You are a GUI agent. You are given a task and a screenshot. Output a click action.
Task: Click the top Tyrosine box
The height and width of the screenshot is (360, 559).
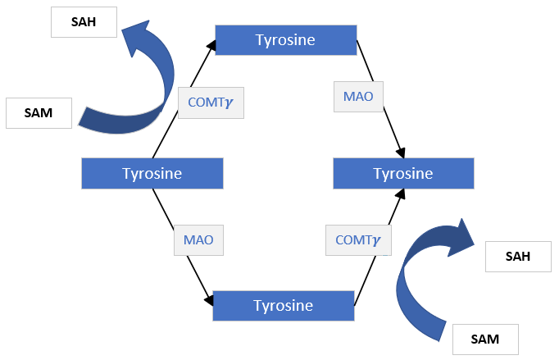(x=285, y=40)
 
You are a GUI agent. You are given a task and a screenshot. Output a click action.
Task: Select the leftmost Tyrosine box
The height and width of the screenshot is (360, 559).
(x=152, y=174)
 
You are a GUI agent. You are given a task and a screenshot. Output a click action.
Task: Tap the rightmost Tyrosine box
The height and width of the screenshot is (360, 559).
(x=402, y=174)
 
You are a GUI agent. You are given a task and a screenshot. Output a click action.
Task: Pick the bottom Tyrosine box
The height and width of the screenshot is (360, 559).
(x=283, y=306)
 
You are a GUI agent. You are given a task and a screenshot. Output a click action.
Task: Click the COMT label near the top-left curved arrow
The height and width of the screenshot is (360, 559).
(x=211, y=103)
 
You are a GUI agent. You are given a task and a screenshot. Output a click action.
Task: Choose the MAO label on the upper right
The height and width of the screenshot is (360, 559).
(x=358, y=96)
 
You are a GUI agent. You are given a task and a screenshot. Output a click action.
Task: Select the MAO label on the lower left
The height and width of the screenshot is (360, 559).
(x=198, y=241)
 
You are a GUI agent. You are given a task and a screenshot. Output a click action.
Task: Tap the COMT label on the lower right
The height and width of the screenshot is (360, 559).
(x=358, y=240)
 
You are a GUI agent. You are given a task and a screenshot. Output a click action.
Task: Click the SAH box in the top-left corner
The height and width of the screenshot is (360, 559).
(x=84, y=22)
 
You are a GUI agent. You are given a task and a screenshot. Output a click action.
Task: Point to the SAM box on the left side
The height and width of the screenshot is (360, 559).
(x=39, y=113)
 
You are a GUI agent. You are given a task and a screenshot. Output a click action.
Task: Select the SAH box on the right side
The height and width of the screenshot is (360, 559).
(x=518, y=257)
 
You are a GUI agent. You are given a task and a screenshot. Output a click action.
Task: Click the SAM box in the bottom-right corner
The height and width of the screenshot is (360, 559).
(x=486, y=338)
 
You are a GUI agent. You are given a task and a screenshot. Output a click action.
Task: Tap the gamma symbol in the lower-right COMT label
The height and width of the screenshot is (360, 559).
(x=377, y=241)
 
